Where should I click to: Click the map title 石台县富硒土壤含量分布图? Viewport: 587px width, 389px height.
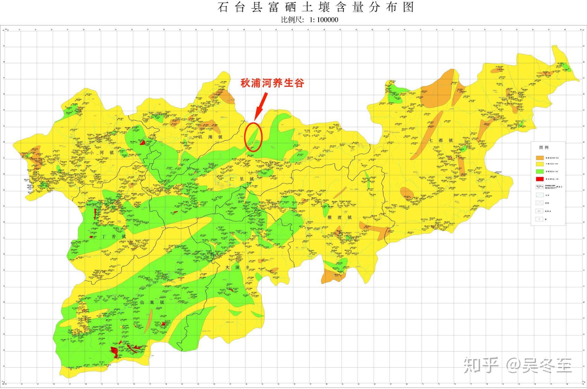[316, 7]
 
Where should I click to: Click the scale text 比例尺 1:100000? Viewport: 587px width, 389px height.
[310, 20]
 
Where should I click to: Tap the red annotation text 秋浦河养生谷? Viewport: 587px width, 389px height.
[272, 83]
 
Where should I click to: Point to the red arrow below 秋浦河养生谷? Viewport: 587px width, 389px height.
[261, 106]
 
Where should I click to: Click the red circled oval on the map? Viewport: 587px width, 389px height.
[253, 137]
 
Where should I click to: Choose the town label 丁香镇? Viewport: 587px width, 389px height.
[114, 237]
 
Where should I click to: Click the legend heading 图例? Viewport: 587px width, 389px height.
[544, 147]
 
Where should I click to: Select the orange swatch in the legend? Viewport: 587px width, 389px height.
[540, 158]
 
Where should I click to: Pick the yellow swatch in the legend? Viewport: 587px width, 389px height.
[540, 164]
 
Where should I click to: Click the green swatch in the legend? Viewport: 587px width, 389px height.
[540, 171]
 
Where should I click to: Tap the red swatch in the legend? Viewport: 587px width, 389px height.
[540, 179]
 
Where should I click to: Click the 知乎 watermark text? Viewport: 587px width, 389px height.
[481, 366]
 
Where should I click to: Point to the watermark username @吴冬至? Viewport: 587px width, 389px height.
[539, 366]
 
